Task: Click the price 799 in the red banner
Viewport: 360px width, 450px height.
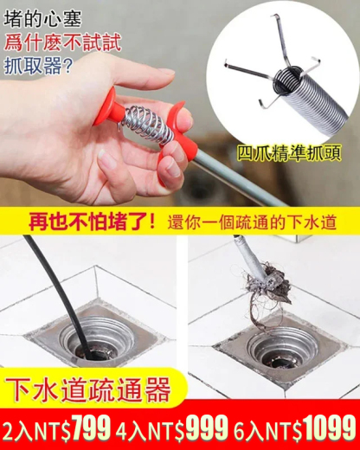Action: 92,427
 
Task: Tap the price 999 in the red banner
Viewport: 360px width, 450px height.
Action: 207,427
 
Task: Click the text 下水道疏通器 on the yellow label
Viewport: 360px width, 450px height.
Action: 88,389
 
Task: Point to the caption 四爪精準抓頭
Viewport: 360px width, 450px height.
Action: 289,153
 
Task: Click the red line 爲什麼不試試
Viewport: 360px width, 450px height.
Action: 62,43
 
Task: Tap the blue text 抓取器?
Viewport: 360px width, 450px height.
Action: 37,66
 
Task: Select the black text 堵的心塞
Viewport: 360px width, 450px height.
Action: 42,20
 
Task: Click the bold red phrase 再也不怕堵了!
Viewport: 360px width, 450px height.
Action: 92,222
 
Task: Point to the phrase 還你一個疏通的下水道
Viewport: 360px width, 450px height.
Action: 252,222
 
